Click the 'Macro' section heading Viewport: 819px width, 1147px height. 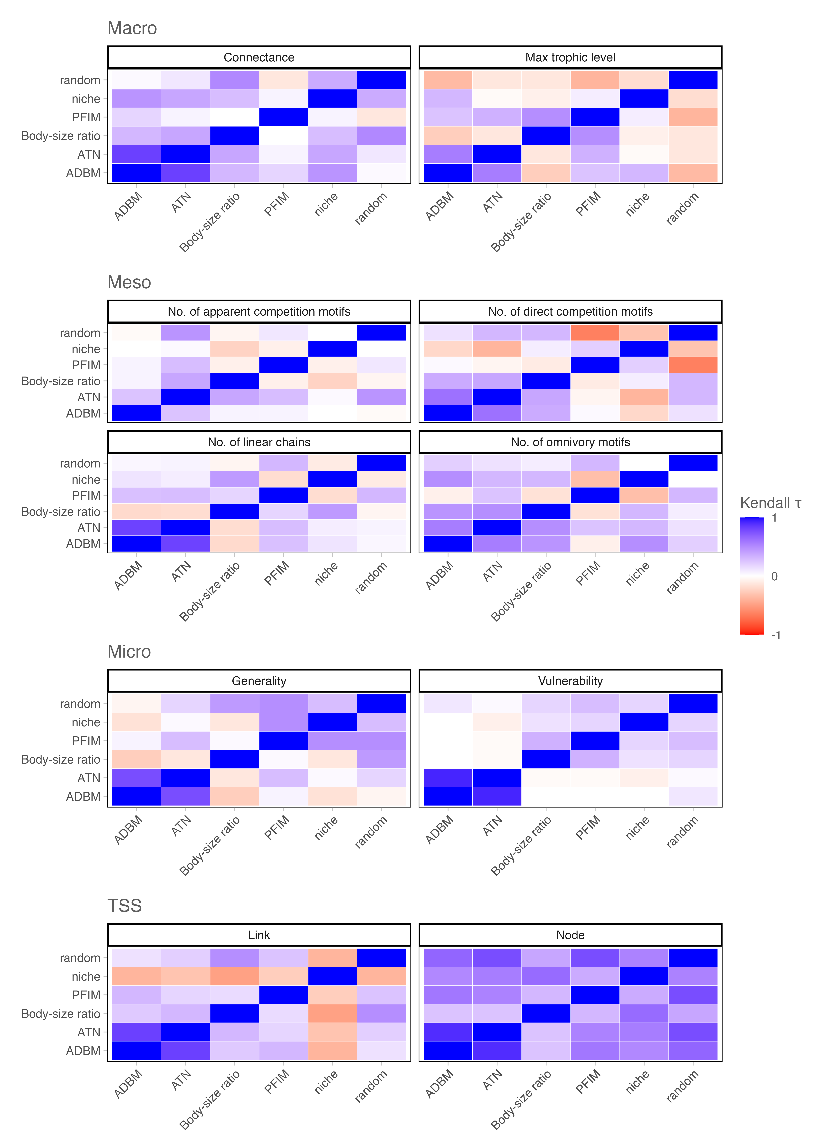pyautogui.click(x=132, y=28)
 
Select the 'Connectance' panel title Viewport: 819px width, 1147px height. pyautogui.click(x=259, y=58)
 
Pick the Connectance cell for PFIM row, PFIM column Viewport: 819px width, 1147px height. pyautogui.click(x=283, y=117)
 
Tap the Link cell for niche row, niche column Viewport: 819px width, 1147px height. pyautogui.click(x=332, y=977)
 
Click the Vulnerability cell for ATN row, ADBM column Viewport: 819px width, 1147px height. pyautogui.click(x=448, y=778)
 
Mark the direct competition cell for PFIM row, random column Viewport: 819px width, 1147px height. pyautogui.click(x=693, y=365)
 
